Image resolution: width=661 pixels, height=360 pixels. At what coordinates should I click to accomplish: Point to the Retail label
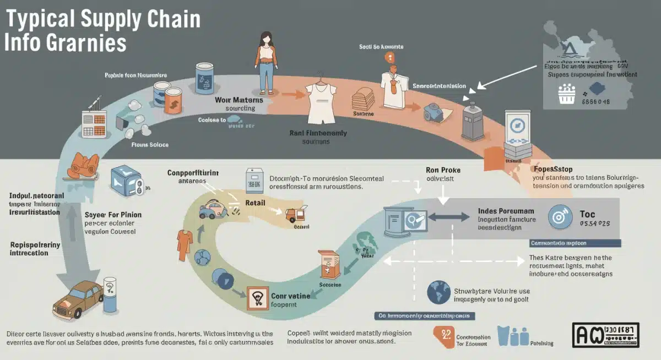coord(255,203)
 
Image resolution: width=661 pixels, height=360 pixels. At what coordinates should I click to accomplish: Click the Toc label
coord(587,214)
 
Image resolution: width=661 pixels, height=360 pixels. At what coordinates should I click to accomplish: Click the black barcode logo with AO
coord(605,335)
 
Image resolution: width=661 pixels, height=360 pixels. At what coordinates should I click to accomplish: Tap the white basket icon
coord(566,95)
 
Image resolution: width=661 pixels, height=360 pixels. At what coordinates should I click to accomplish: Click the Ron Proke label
coord(443,170)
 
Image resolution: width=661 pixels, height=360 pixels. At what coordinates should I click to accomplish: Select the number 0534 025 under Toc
coord(595,224)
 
